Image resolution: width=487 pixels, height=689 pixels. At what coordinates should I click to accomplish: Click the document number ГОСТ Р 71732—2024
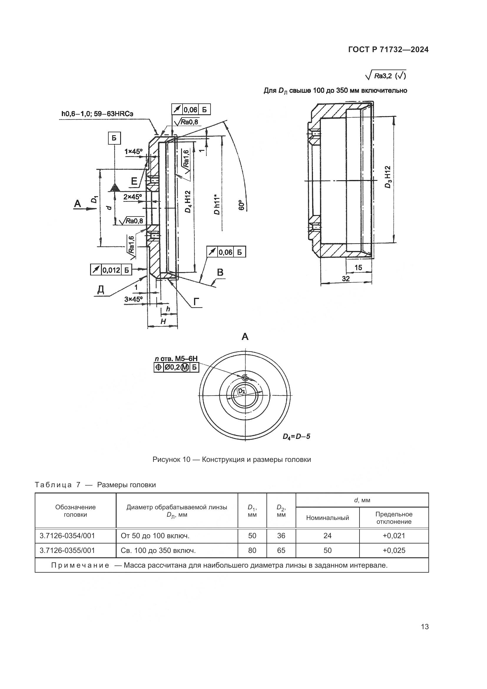tap(388, 50)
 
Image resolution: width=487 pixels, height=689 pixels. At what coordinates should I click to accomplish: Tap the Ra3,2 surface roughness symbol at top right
tap(386, 75)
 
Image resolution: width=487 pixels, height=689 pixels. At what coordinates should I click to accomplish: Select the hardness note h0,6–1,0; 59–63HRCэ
tap(97, 114)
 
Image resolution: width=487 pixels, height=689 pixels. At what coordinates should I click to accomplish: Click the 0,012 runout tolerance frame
tap(111, 270)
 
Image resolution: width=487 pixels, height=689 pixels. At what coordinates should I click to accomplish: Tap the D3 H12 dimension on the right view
tap(388, 177)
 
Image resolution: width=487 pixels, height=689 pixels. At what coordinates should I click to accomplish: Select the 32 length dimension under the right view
tap(346, 279)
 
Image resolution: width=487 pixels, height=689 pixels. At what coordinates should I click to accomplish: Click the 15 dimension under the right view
tap(358, 267)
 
